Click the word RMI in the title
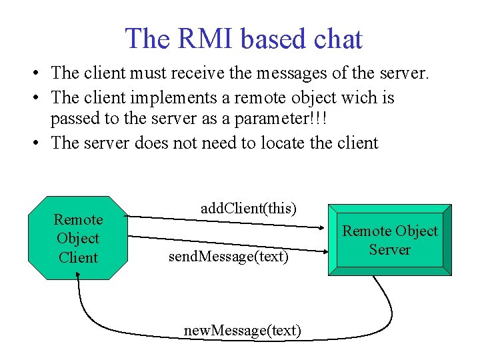pyautogui.click(x=204, y=39)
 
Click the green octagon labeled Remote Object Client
pyautogui.click(x=79, y=238)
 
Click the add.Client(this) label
pyautogui.click(x=248, y=209)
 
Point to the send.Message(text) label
pyautogui.click(x=229, y=256)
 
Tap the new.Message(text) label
pyautogui.click(x=243, y=331)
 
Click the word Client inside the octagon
pyautogui.click(x=78, y=257)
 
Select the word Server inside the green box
pyautogui.click(x=390, y=250)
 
